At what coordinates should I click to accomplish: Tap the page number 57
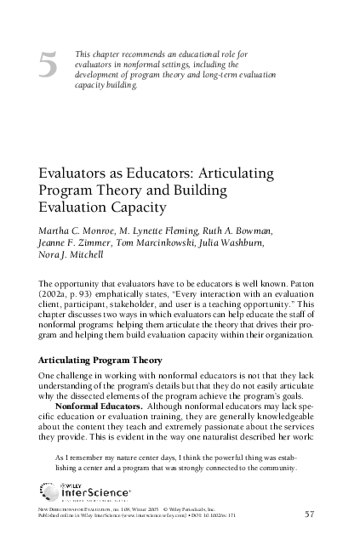point(310,514)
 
